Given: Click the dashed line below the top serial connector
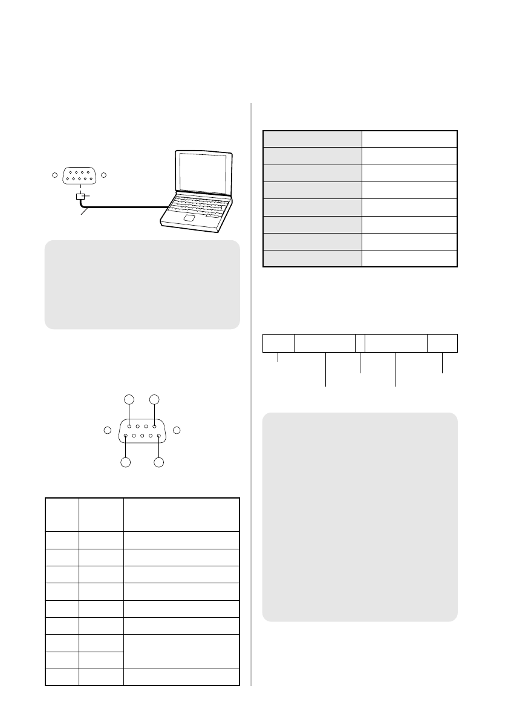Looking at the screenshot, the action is click(x=79, y=188).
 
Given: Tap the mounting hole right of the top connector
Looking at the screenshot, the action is click(x=103, y=175).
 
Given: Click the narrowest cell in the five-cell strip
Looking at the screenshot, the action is click(x=360, y=343).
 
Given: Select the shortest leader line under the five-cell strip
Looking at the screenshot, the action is click(x=278, y=357).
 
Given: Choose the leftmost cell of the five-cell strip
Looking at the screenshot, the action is click(x=278, y=343).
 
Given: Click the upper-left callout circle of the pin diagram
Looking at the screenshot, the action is click(x=128, y=399).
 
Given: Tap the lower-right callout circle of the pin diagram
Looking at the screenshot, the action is click(x=159, y=463).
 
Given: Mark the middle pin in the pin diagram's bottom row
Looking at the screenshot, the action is click(x=142, y=436).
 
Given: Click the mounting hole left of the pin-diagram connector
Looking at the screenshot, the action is click(x=107, y=430).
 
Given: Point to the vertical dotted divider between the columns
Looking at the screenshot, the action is click(x=251, y=393).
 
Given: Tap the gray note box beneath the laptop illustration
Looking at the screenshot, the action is click(x=142, y=284).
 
